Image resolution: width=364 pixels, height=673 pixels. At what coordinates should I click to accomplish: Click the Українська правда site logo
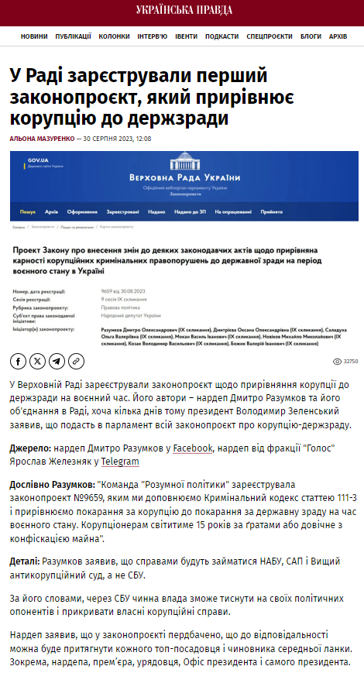pos(181,12)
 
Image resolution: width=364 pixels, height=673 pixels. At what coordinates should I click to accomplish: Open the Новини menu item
pos(34,36)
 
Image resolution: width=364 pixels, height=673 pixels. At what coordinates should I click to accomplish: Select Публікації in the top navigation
pos(73,36)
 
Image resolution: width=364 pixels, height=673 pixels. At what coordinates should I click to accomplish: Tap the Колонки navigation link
pos(114,36)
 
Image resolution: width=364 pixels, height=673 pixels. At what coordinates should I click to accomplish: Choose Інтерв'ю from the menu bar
pos(152,36)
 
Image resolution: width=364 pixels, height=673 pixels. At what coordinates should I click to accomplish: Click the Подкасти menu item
pos(221,36)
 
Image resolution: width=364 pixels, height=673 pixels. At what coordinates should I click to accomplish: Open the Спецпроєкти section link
pos(269,36)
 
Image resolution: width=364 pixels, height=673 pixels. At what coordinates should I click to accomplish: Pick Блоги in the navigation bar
pos(311,36)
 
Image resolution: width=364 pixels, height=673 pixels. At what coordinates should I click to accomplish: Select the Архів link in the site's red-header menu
pos(338,36)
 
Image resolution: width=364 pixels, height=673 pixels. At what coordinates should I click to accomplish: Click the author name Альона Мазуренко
pos(42,139)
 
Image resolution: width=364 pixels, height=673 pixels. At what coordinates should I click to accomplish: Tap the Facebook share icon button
pos(18,361)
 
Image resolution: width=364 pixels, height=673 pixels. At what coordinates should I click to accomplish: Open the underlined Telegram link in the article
pos(118,462)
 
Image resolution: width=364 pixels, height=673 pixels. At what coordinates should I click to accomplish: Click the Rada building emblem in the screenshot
pos(184,163)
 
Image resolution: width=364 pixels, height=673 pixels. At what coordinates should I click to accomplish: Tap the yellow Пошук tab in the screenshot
pos(28,211)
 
